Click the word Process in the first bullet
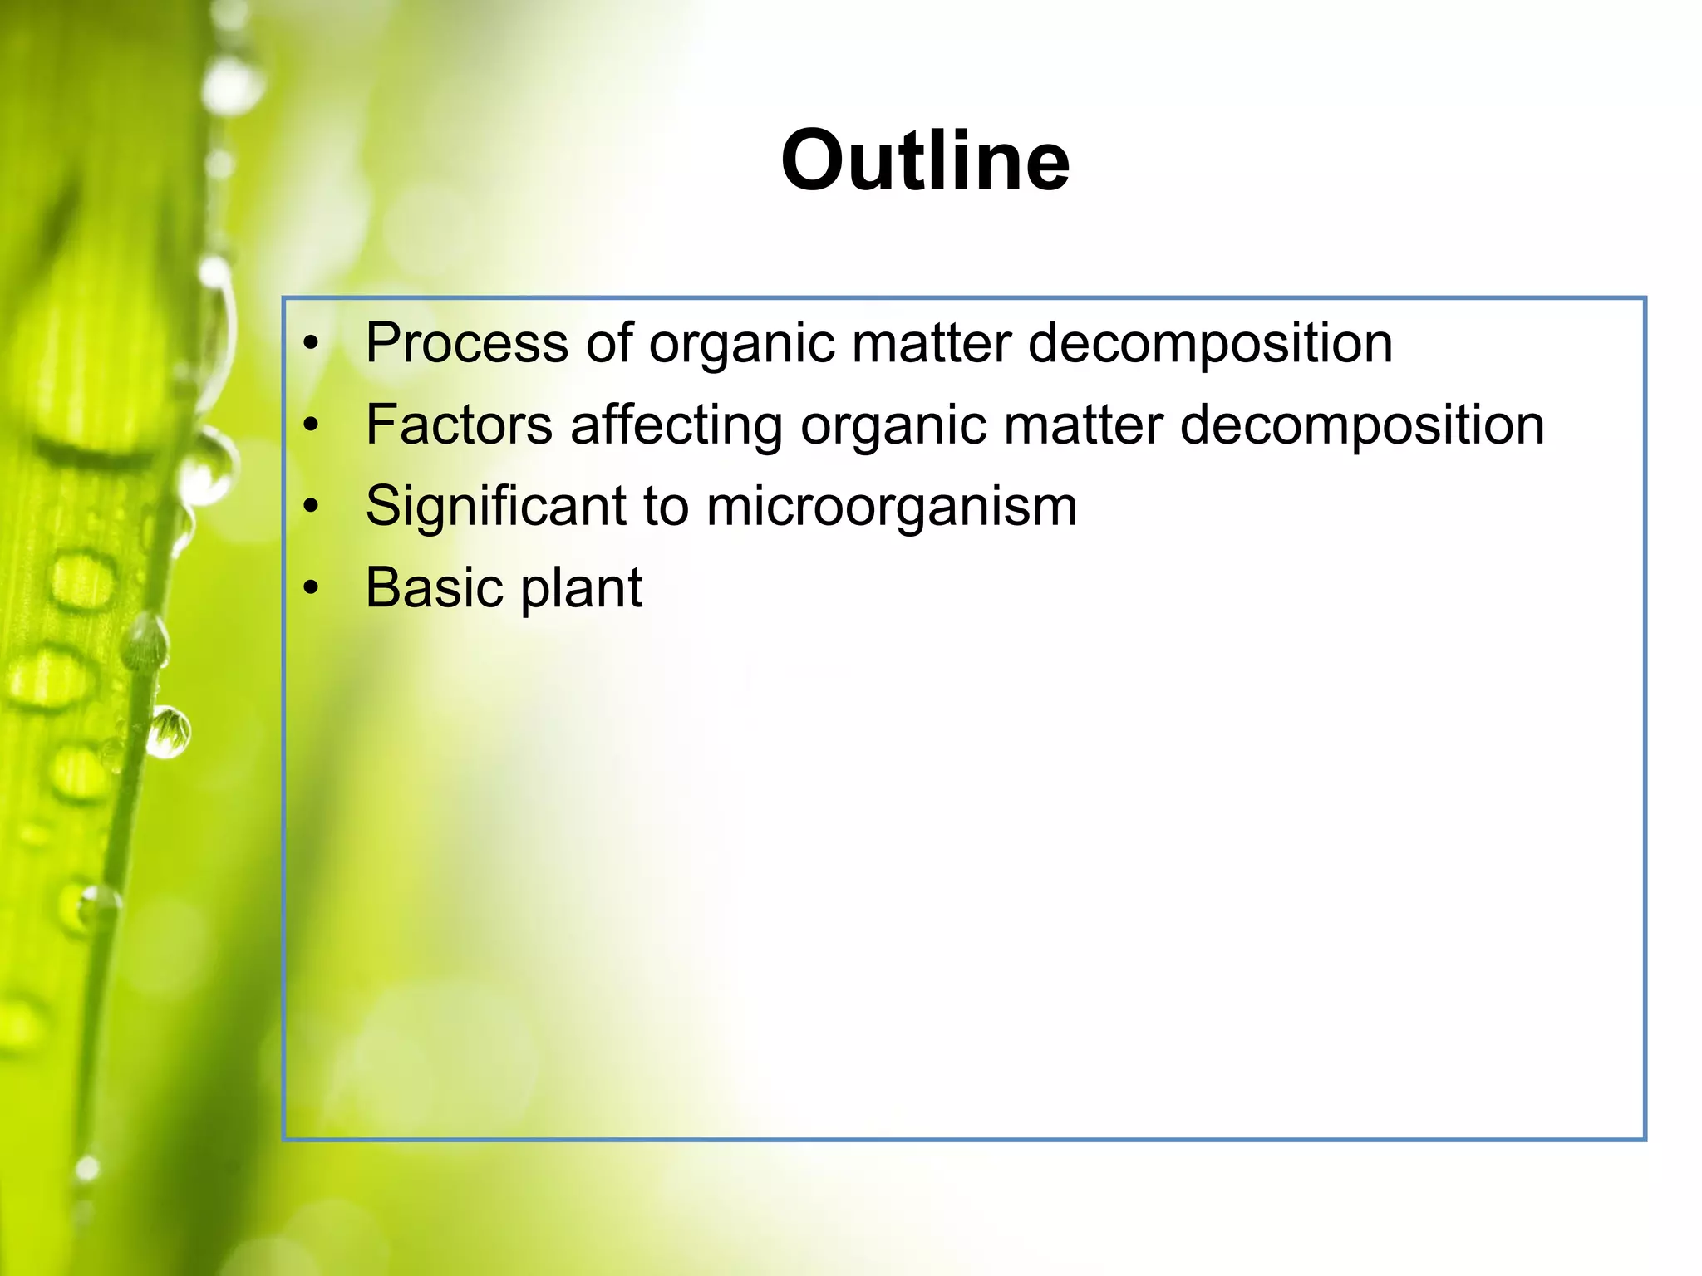pyautogui.click(x=466, y=343)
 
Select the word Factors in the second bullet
pyautogui.click(x=459, y=425)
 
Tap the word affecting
pyautogui.click(x=676, y=425)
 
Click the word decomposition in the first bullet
pyautogui.click(x=1210, y=343)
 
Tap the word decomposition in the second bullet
pyautogui.click(x=1362, y=425)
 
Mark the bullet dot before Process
pyautogui.click(x=311, y=343)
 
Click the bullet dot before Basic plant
pyautogui.click(x=311, y=588)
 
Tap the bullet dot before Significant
pyautogui.click(x=311, y=506)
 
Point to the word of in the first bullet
pyautogui.click(x=608, y=343)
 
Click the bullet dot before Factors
pyautogui.click(x=311, y=425)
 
